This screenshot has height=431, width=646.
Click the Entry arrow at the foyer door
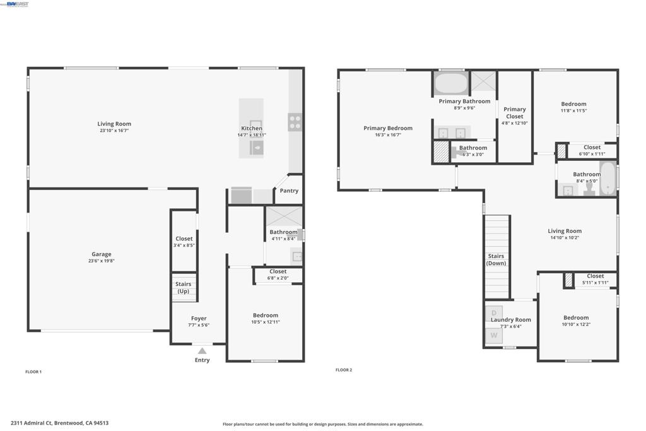(x=202, y=350)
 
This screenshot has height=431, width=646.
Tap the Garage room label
(x=101, y=254)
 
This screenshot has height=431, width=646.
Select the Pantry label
(x=289, y=191)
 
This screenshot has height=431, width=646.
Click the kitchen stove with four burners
(x=295, y=122)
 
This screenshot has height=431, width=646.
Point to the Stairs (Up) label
(x=183, y=288)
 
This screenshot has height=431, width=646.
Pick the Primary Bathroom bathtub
(x=450, y=83)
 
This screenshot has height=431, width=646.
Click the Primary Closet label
(x=515, y=113)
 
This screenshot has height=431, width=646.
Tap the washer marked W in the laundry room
(x=494, y=335)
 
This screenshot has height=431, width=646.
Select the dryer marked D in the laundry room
(x=494, y=313)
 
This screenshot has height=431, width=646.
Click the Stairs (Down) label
(x=496, y=259)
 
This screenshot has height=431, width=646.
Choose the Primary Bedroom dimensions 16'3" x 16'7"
(x=388, y=134)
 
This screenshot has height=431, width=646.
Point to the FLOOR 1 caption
(x=33, y=372)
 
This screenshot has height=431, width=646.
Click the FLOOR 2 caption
(x=344, y=370)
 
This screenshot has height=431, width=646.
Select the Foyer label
(x=199, y=319)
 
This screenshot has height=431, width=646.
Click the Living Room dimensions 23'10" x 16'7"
(x=114, y=131)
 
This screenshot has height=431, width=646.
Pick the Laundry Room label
(x=511, y=319)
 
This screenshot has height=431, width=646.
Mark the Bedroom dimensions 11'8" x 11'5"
(x=573, y=110)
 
